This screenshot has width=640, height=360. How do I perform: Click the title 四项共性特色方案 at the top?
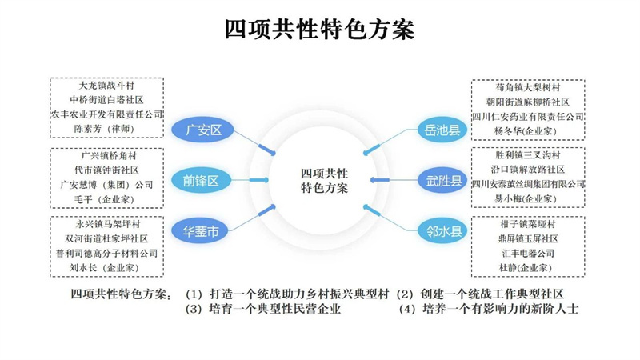tap(319, 30)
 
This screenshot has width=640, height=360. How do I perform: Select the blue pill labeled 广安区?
tap(202, 130)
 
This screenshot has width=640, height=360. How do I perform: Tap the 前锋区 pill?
tap(200, 181)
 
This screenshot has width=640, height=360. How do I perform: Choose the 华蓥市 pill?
tap(200, 232)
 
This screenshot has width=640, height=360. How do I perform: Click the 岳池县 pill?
tap(442, 130)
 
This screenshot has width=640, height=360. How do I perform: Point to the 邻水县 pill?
tap(442, 232)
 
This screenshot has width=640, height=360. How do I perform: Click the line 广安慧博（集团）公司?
tap(106, 184)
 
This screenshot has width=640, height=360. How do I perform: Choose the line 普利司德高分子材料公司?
tap(106, 253)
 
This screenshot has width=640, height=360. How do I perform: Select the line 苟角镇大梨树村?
tap(528, 88)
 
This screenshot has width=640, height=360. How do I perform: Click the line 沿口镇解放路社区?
tap(528, 170)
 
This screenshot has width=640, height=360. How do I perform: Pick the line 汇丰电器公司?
tap(528, 253)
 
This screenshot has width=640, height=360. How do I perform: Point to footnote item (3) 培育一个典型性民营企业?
tap(263, 309)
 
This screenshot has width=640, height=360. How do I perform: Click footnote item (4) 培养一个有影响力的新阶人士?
tap(488, 309)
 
